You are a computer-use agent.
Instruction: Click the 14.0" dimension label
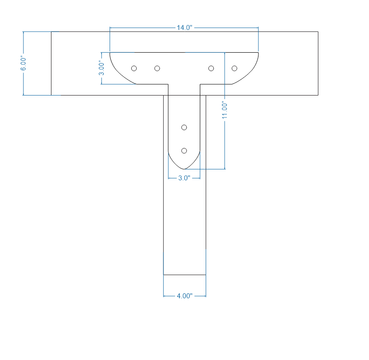pos(184,27)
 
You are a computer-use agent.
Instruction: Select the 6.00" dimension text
pos(23,63)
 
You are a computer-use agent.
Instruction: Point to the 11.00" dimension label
pos(224,110)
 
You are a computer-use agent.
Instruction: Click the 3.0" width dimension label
pos(183,178)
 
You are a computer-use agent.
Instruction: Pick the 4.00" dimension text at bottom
pos(184,296)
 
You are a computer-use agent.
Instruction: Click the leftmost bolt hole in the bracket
pos(134,68)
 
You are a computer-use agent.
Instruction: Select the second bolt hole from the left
pos(157,68)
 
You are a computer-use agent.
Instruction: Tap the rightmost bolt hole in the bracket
pos(234,68)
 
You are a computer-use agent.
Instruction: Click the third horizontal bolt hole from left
pos(211,68)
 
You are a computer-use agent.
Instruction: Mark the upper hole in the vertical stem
pos(184,128)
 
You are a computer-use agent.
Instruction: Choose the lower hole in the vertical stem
pos(184,150)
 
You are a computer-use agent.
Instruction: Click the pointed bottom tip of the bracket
pos(184,169)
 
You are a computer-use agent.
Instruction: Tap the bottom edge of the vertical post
pos(184,274)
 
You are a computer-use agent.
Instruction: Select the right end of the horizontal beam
pos(318,63)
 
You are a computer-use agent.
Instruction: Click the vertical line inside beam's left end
pos(51,63)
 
